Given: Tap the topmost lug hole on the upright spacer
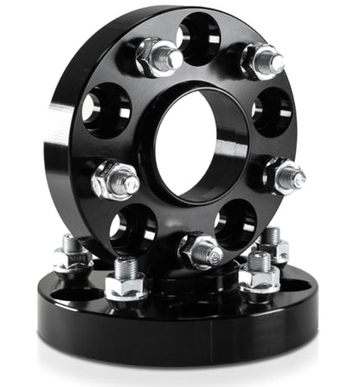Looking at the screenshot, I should (198, 39).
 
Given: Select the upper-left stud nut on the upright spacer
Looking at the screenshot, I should (157, 59).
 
